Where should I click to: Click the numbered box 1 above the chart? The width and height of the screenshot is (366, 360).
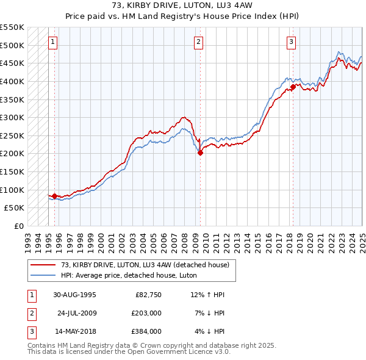53,42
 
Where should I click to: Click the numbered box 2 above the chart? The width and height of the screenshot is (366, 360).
199,42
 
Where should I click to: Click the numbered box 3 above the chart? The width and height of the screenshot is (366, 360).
292,42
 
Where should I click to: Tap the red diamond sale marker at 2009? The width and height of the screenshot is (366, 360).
200,153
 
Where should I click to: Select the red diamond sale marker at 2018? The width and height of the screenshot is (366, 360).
293,87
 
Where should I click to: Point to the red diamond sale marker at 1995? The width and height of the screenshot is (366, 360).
55,196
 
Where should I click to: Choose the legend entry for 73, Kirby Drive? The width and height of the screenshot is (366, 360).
145,265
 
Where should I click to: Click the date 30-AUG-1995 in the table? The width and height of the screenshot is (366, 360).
75,295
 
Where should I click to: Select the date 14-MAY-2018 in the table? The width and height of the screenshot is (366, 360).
75,332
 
